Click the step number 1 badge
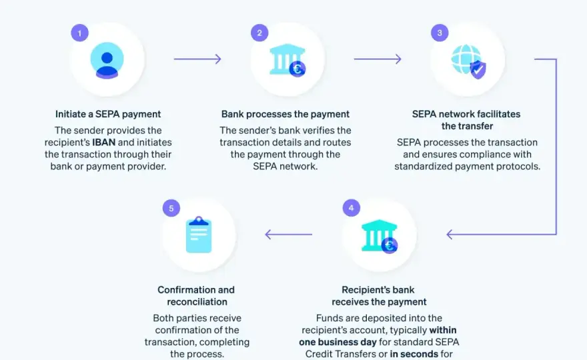80,33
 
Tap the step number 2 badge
259,33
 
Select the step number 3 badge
440,33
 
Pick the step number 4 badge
351,208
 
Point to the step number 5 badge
171,208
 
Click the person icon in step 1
107,60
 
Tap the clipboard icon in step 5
199,235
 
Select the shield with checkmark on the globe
478,69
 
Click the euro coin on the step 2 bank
298,69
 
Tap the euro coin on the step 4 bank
390,245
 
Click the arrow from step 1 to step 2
197,59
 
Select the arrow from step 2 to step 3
378,59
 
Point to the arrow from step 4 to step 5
288,234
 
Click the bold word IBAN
103,142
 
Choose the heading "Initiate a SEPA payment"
108,114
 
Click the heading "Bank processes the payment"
285,114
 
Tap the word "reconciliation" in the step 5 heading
197,301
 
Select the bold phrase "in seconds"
414,353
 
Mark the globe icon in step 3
466,59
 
